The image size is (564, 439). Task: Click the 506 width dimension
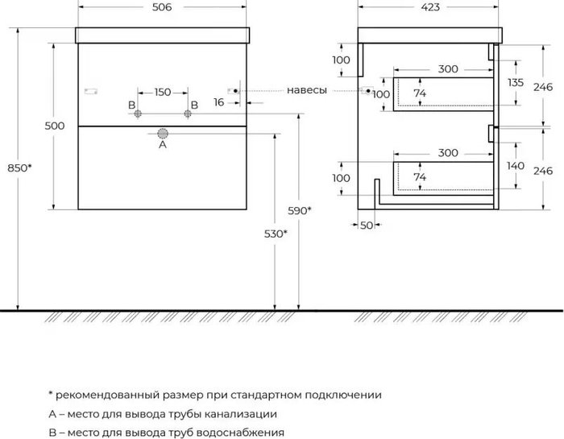click(x=162, y=7)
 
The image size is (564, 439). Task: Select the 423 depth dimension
click(x=429, y=7)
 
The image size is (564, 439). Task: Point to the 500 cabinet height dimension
click(x=54, y=126)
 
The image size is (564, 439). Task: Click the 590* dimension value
click(x=300, y=210)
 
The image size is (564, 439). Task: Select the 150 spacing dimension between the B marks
click(x=163, y=92)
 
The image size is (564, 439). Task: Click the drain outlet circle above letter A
click(x=163, y=133)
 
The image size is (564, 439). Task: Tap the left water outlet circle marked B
click(x=138, y=113)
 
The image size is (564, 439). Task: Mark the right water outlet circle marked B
click(x=188, y=113)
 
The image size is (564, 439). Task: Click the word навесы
click(x=307, y=90)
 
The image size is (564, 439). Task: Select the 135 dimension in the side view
click(x=516, y=83)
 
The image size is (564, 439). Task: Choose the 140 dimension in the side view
click(x=516, y=165)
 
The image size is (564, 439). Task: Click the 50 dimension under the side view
click(x=367, y=225)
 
